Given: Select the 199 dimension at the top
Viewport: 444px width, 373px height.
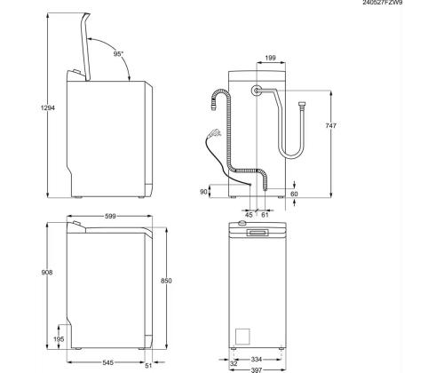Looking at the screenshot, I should pos(271,59).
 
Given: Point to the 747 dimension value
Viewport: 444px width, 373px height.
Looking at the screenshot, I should pos(330,127).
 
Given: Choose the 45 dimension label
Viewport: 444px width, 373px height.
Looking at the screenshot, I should pos(250,213).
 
